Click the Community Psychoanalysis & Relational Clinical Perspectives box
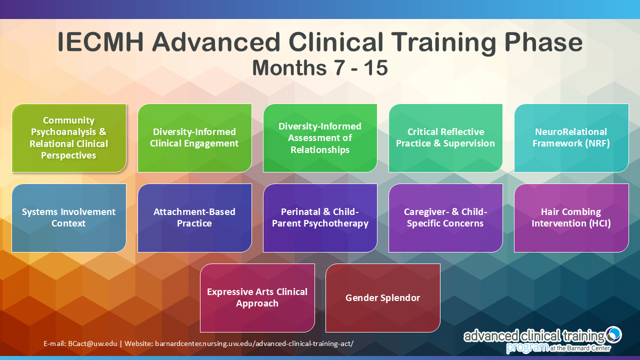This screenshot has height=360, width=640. click(x=69, y=138)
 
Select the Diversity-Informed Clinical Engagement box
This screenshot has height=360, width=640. click(x=194, y=138)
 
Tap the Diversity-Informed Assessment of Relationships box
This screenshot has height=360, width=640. click(x=320, y=138)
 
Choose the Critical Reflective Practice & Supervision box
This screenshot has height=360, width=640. click(x=445, y=138)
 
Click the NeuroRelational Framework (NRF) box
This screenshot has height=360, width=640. click(x=571, y=138)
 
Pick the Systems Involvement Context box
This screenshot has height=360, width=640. click(x=69, y=218)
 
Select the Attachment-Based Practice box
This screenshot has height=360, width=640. click(x=194, y=218)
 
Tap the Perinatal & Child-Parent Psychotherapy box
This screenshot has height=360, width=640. click(x=320, y=218)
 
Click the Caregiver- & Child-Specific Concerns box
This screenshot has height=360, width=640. click(x=445, y=218)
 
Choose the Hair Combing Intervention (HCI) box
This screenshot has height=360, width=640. click(x=571, y=218)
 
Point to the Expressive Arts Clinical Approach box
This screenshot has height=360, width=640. click(x=257, y=298)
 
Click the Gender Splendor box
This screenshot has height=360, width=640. click(x=383, y=298)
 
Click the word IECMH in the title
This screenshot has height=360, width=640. click(x=100, y=42)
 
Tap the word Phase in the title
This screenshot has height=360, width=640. click(x=543, y=42)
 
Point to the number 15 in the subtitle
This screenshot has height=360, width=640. click(x=375, y=67)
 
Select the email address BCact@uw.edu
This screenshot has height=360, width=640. click(x=92, y=343)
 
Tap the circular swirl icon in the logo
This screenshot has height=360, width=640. click(x=613, y=334)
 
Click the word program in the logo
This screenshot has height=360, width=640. click(x=527, y=347)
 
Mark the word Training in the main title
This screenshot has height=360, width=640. click(x=443, y=43)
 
